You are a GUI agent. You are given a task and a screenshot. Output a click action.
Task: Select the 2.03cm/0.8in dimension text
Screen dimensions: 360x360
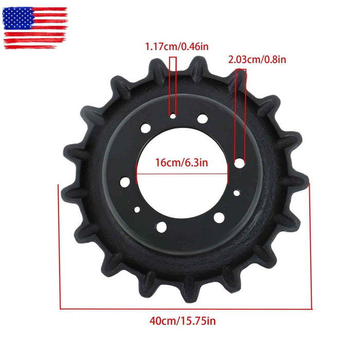[x=257, y=59]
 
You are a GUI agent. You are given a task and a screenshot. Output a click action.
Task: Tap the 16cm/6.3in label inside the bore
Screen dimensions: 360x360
[x=182, y=163]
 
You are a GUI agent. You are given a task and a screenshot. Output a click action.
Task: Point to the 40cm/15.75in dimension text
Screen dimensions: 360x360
[x=183, y=321]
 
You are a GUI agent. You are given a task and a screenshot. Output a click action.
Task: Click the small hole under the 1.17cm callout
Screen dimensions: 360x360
[x=173, y=117]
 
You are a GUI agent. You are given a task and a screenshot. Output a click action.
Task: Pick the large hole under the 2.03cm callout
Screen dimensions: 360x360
[x=239, y=163]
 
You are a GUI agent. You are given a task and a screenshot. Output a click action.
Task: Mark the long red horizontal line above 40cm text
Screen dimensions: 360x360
[x=185, y=309]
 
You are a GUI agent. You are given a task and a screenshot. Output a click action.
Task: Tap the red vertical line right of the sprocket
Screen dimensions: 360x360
[x=311, y=247]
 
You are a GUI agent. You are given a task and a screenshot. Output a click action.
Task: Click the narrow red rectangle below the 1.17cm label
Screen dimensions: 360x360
[x=173, y=85]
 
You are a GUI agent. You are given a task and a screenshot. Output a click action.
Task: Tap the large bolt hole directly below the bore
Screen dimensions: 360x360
[x=161, y=226]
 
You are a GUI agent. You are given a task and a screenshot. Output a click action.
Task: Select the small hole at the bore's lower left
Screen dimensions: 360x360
[x=137, y=210]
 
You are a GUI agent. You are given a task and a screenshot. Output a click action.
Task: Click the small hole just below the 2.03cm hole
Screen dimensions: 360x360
[x=236, y=193]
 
